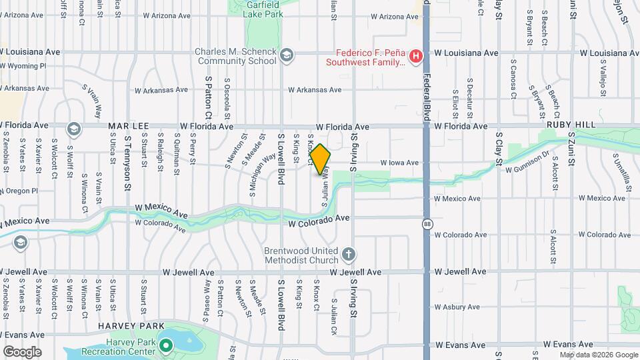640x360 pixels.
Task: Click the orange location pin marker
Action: [321, 160]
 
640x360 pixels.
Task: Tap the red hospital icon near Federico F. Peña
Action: [416, 57]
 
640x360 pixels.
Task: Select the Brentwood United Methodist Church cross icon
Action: [349, 255]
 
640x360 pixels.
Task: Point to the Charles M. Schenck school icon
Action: [287, 55]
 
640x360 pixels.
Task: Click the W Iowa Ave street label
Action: [399, 163]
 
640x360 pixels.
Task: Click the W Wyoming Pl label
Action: [24, 66]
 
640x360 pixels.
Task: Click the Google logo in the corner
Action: [22, 351]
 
